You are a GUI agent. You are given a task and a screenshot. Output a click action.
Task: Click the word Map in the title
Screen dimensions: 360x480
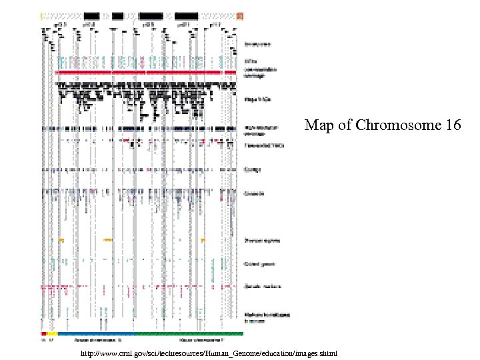tap(318, 125)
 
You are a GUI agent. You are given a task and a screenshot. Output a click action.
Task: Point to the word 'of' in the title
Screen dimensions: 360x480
tap(346, 125)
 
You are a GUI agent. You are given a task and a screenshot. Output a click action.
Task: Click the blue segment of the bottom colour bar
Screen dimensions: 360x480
tap(96, 333)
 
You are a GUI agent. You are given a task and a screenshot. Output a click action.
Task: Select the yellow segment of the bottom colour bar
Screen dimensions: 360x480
tap(52, 333)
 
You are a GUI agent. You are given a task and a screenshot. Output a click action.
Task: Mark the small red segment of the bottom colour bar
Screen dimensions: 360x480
tap(43, 333)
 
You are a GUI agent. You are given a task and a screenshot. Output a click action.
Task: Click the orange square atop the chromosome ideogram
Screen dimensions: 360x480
tap(240, 15)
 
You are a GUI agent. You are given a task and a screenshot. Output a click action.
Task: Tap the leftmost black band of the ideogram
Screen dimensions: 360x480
tap(92, 15)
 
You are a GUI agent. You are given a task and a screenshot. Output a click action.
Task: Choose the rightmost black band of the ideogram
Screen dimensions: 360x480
tap(186, 15)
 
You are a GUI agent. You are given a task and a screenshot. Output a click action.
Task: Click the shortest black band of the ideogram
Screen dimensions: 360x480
tap(117, 15)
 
